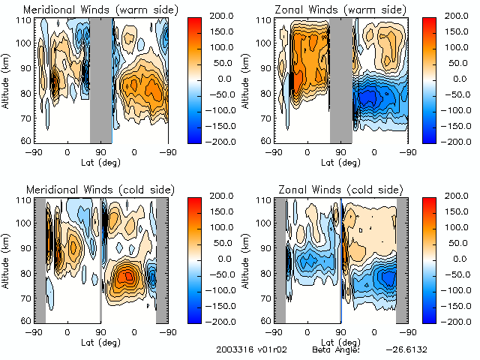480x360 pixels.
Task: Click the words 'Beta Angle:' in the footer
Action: pyautogui.click(x=336, y=350)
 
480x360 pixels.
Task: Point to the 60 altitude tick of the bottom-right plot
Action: pyautogui.click(x=265, y=320)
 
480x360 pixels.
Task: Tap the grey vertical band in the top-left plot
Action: pyautogui.click(x=100, y=79)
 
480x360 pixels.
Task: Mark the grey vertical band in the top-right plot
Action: pyautogui.click(x=341, y=79)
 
